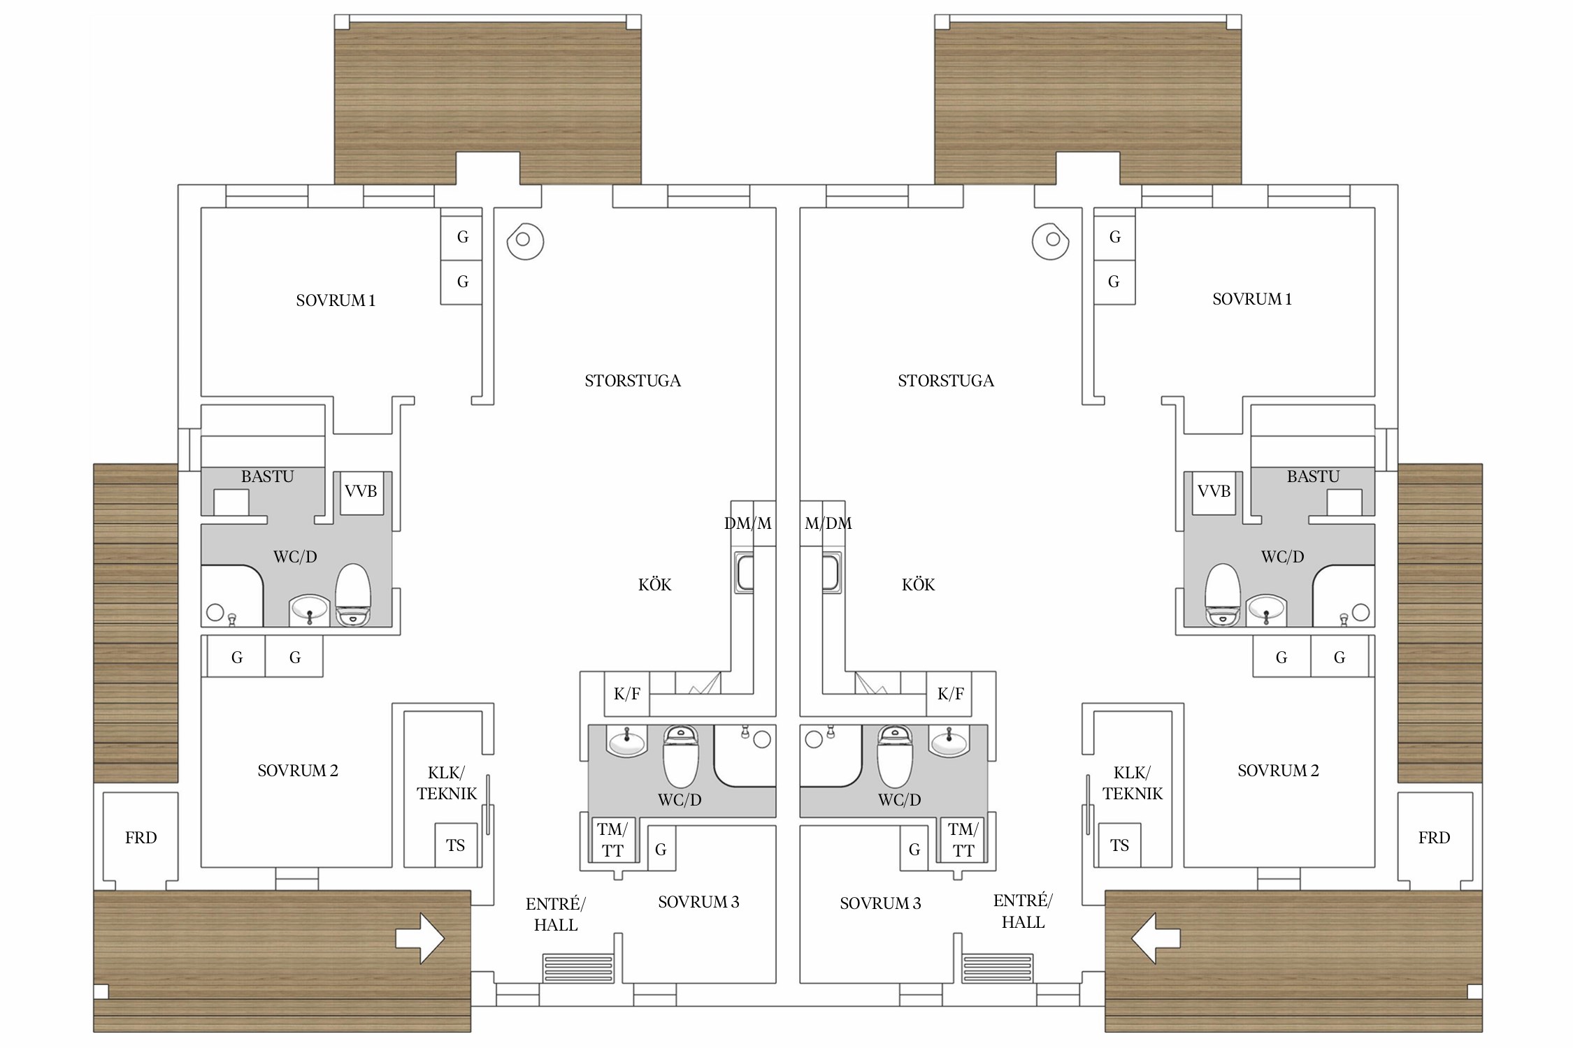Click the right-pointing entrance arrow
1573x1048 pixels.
420,938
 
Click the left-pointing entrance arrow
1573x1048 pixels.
1156,938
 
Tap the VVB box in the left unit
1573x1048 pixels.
361,493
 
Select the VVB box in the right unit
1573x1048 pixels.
1214,493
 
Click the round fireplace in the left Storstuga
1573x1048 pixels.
524,241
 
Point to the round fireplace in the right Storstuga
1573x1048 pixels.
1051,241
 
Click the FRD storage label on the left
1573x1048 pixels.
141,838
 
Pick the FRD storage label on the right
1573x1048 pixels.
1434,838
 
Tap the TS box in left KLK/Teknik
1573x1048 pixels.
456,845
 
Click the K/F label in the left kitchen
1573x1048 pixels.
627,694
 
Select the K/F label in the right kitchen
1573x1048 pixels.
951,694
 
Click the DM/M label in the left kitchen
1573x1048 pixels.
748,523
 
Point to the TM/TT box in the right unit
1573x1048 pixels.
963,840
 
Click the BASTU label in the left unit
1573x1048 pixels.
268,476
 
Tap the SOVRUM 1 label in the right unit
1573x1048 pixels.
1252,299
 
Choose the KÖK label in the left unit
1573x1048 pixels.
655,585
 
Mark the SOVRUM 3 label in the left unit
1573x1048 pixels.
698,902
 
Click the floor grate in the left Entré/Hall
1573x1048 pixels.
578,968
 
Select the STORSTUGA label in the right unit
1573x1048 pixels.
946,381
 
